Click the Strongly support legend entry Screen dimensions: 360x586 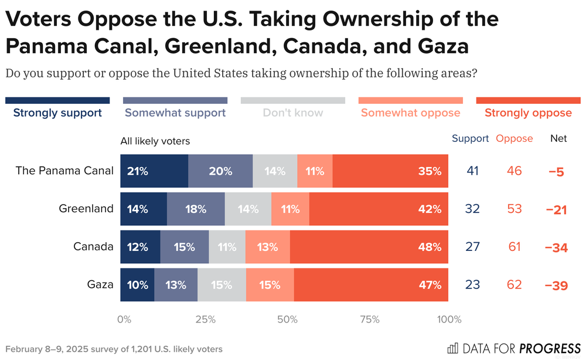[57, 113]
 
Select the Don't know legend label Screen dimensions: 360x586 [292, 113]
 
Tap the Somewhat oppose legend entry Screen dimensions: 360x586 [410, 113]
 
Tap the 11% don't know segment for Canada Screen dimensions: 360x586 [227, 247]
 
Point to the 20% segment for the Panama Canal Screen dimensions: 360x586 [220, 171]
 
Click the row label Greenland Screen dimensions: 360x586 [86, 209]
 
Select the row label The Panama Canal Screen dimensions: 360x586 [64, 171]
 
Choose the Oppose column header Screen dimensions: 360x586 [515, 138]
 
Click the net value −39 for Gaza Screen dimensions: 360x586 [556, 285]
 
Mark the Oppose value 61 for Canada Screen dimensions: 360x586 [515, 247]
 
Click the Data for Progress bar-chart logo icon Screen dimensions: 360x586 [453, 348]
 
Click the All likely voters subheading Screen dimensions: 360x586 [155, 141]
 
